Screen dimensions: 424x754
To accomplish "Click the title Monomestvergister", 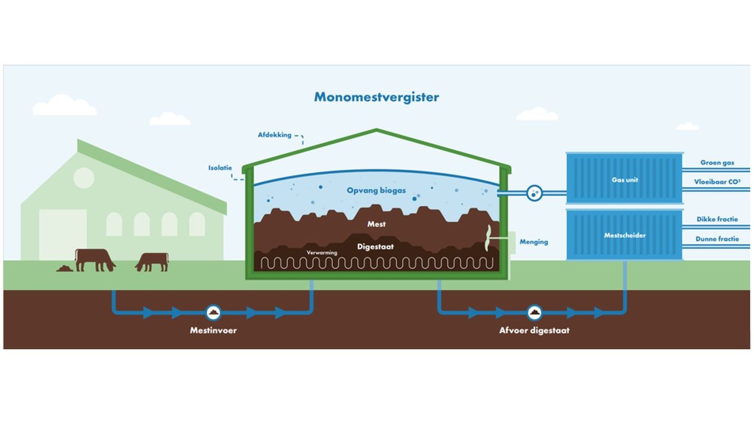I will (x=376, y=96).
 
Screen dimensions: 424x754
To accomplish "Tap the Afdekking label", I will (x=274, y=135).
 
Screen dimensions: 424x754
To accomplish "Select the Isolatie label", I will (x=220, y=167).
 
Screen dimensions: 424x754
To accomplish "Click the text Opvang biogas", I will (x=376, y=191).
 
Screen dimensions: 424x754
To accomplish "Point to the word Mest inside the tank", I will (x=376, y=224).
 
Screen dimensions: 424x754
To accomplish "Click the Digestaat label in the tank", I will (x=375, y=246).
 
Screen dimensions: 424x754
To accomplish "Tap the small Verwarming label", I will (x=322, y=253).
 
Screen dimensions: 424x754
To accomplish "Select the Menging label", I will (x=534, y=242).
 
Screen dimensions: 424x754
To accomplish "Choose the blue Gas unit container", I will (x=624, y=179).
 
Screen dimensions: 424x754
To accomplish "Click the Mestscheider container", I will (x=624, y=235).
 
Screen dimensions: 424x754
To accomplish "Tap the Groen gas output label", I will (x=717, y=163).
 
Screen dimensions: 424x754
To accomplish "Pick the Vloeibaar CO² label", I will (x=717, y=182).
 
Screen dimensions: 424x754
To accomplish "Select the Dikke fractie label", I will (x=717, y=219).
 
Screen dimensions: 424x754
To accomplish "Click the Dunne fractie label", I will (x=717, y=239).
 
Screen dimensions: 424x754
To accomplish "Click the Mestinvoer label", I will (x=213, y=330).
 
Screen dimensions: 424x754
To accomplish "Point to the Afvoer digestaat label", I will (x=534, y=330).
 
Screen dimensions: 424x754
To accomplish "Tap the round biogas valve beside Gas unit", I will (x=534, y=192).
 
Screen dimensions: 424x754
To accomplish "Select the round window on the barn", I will (x=84, y=178).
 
